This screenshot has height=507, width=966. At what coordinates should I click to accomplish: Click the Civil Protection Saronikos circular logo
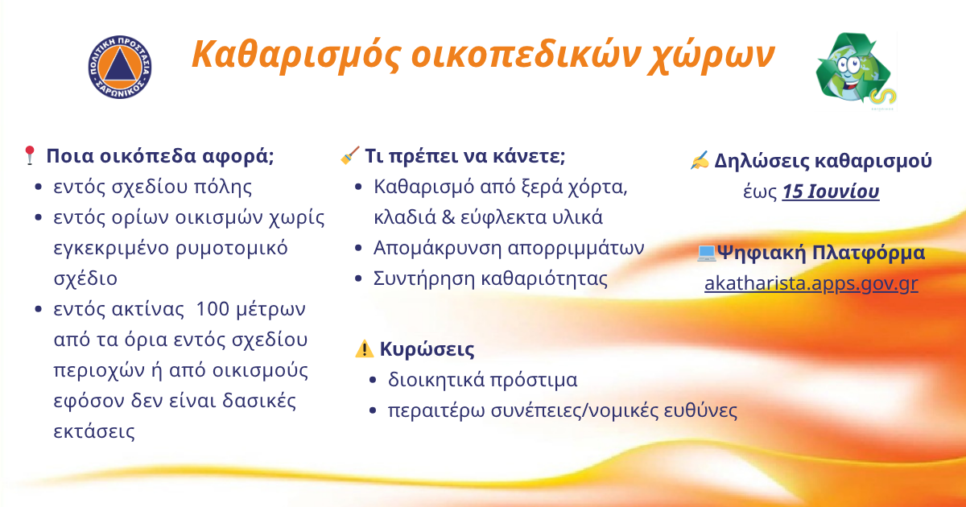(120, 67)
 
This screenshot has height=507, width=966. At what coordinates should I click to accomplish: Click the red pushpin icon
(29, 155)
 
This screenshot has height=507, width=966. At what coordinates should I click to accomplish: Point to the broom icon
(349, 155)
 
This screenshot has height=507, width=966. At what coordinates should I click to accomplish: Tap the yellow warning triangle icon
(364, 348)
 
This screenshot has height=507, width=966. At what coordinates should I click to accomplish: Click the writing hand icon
(700, 160)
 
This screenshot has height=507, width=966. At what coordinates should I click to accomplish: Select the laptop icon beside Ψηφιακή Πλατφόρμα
(707, 253)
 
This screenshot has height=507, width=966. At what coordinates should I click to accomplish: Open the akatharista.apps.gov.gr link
(811, 283)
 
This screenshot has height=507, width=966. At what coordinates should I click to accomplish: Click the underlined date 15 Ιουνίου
(831, 192)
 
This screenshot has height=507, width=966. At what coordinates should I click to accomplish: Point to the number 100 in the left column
(213, 309)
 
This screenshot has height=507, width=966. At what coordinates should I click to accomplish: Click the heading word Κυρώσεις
(427, 348)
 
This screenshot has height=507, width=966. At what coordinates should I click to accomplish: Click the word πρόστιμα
(533, 380)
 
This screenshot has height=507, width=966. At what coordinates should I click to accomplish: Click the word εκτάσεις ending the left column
(94, 431)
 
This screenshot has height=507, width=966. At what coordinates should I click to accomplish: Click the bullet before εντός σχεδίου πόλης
(39, 187)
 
